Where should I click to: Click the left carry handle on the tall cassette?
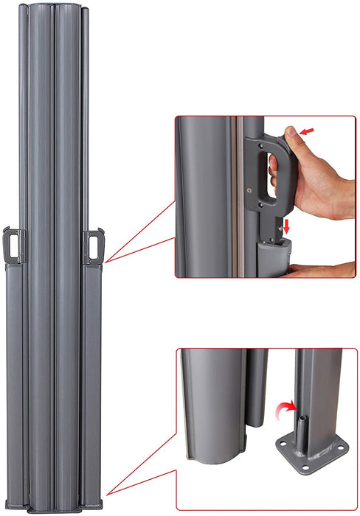tap(15, 243)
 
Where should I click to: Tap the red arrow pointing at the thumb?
tap(309, 130)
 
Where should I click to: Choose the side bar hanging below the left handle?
tap(14, 369)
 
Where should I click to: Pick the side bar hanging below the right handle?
tap(92, 369)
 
